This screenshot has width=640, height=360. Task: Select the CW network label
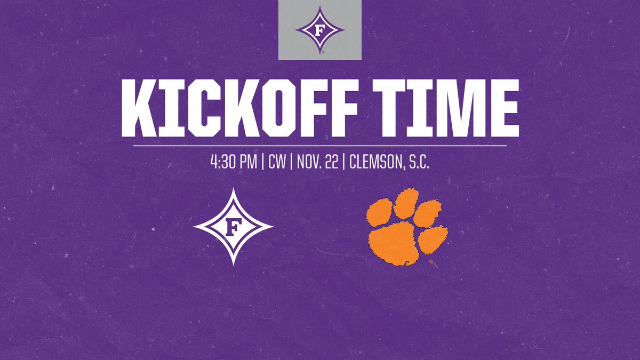click(x=277, y=162)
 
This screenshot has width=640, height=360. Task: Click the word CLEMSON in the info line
click(x=377, y=162)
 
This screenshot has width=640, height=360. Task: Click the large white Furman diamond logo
click(x=233, y=226)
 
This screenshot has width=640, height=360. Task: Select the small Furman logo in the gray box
click(x=320, y=30)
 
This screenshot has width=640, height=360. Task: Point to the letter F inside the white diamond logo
click(x=233, y=227)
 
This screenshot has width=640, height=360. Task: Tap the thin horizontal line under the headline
click(x=320, y=145)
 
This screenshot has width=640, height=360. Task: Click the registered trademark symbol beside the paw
click(x=431, y=262)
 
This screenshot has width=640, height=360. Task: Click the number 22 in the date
click(x=333, y=162)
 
